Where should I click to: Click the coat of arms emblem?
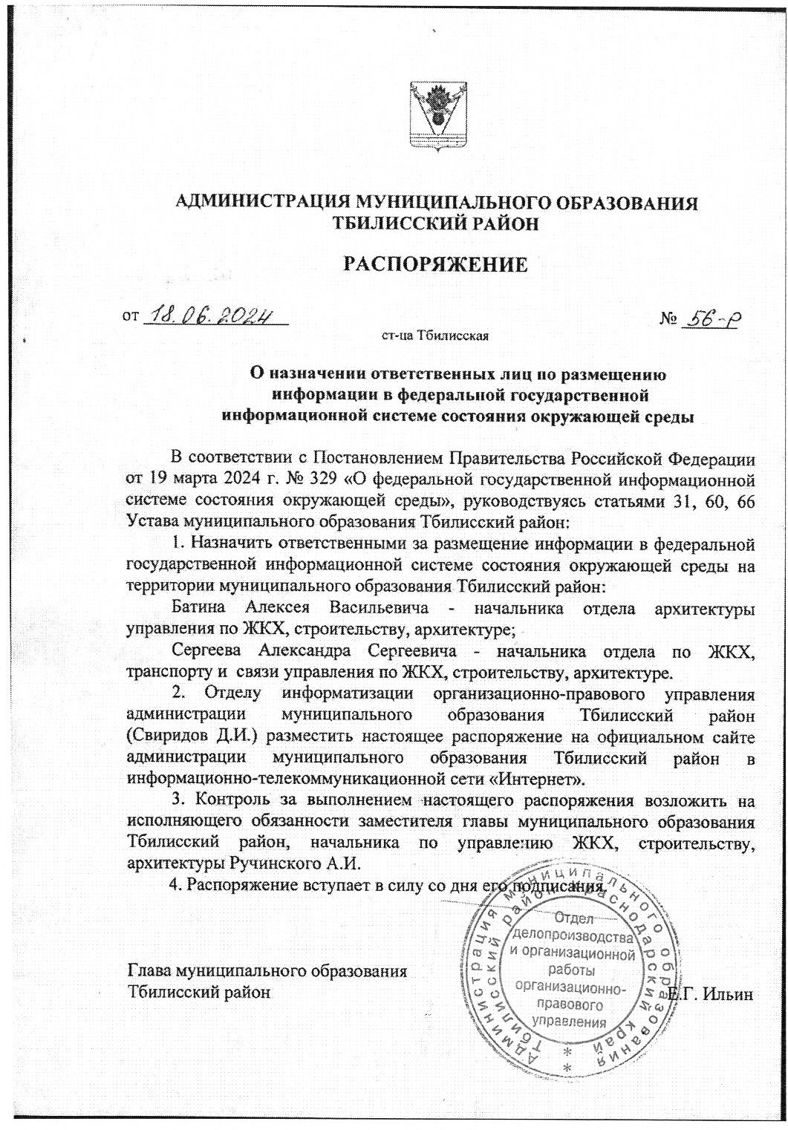439,117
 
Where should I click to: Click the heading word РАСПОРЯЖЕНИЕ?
435,264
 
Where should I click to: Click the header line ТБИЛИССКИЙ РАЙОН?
436,223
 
